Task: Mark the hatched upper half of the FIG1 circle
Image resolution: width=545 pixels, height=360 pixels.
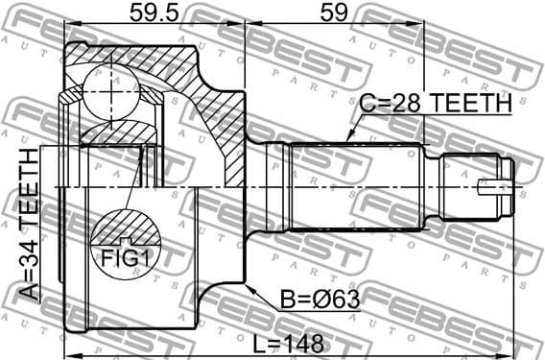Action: tap(127, 228)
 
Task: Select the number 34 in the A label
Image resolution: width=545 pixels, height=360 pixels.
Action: tap(29, 259)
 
